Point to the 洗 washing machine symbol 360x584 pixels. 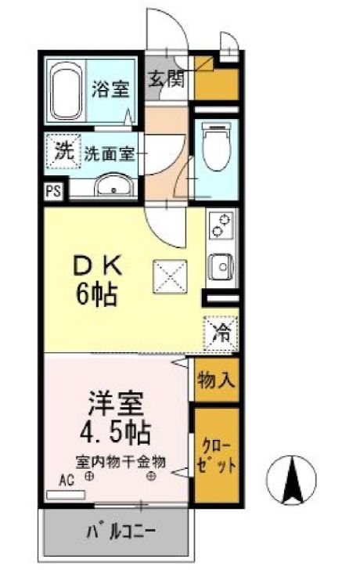[x=63, y=150]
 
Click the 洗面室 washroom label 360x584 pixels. [x=110, y=154]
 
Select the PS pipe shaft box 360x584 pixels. [x=54, y=189]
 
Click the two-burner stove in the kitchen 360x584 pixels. [x=221, y=227]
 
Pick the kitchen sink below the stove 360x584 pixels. [x=221, y=267]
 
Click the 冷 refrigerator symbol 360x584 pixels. [x=223, y=331]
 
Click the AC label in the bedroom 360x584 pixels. [x=67, y=482]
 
